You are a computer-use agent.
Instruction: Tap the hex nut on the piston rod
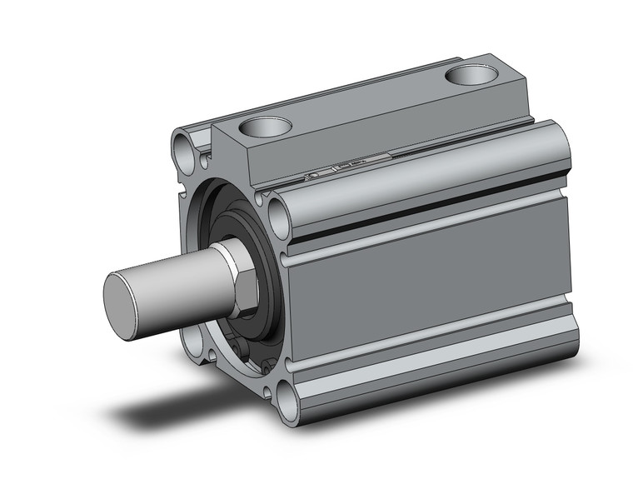(x=241, y=278)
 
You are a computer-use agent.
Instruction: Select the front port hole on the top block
(x=265, y=127)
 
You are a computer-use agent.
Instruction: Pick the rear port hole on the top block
(x=471, y=76)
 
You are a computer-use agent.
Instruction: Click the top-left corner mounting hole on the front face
(x=184, y=151)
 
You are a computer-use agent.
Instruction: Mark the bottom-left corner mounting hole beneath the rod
(x=193, y=338)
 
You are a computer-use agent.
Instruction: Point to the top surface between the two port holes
(x=366, y=100)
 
